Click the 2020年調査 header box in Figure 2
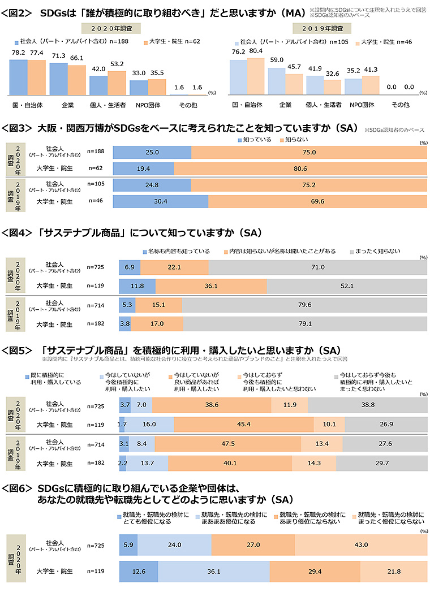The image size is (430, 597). point(111,28)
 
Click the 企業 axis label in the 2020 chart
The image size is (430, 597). point(67,105)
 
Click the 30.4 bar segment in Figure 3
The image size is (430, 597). point(161,201)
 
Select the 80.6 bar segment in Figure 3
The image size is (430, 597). point(300,168)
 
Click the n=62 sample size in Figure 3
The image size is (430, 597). point(96,168)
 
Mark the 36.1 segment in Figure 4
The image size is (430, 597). point(210,285)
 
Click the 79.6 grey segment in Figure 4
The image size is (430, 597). point(304,305)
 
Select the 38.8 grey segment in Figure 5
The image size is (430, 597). point(368,405)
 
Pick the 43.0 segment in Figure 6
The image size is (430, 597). point(360,544)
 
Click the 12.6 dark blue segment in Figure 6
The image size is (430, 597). point(139,572)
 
